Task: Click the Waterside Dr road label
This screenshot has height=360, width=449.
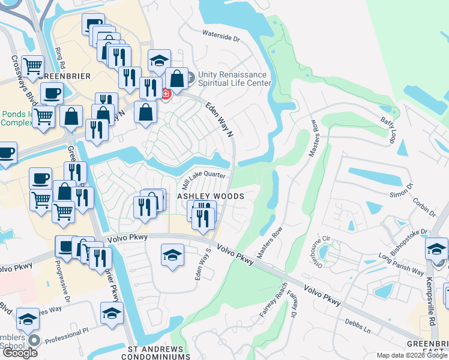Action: [221, 36]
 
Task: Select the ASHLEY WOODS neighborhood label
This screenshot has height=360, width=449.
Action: [209, 196]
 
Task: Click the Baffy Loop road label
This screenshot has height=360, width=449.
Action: [389, 130]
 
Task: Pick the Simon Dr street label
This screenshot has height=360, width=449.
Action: [400, 191]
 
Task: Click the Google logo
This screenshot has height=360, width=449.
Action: [20, 353]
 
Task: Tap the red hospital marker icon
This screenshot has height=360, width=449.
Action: [165, 94]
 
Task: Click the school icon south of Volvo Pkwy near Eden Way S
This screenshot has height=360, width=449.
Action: [172, 255]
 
